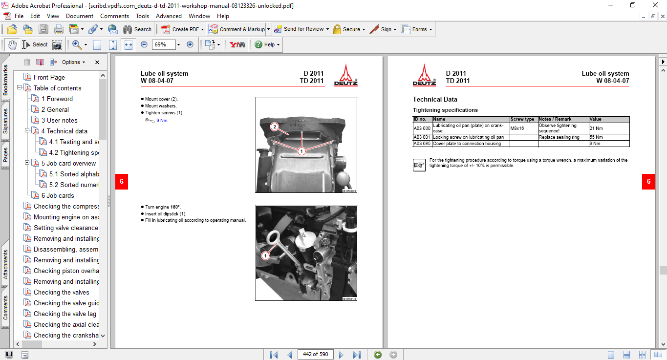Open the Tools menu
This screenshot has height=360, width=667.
(142, 16)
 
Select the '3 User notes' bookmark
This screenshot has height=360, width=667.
(59, 120)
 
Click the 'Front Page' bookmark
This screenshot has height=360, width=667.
(49, 77)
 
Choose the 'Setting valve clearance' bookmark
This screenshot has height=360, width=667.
(65, 228)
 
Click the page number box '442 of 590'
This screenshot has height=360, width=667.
(315, 354)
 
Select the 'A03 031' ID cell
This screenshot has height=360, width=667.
(422, 137)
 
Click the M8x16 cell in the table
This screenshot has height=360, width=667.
(518, 128)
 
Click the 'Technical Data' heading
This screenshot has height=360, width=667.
(435, 99)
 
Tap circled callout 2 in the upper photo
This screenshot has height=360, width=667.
(275, 127)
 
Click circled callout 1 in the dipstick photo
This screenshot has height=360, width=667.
(265, 255)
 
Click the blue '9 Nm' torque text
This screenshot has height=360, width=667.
(162, 120)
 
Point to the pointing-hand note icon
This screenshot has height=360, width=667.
(419, 165)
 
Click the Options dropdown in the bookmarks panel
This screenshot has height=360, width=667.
(73, 62)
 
